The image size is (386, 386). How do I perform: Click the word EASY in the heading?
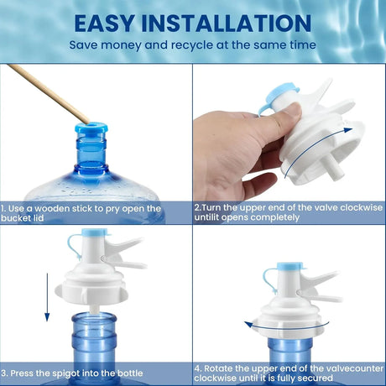105,23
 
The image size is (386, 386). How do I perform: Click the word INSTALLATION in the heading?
227,23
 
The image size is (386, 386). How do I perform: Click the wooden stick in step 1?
48,93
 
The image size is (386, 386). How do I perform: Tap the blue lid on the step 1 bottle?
91,128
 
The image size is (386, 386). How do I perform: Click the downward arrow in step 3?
47,297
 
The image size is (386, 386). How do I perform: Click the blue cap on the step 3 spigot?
95,232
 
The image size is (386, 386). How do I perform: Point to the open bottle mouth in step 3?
94,319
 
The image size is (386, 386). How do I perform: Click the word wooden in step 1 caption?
52,209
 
